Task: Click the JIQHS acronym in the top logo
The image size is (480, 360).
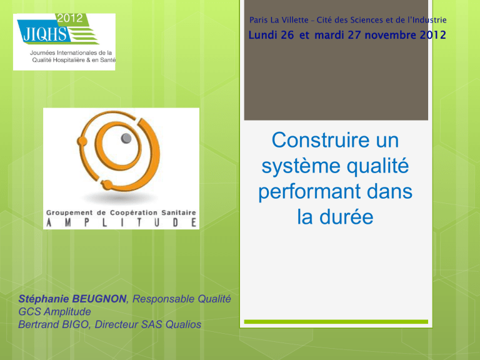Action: tap(45, 34)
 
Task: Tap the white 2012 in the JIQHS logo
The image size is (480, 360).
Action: tap(70, 18)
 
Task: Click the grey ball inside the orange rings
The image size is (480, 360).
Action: tap(126, 138)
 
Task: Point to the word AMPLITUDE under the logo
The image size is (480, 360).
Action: tap(121, 222)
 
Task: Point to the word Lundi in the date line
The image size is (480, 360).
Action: tap(262, 35)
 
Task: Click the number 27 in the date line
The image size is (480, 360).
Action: tap(354, 35)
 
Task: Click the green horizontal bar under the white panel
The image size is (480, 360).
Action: tap(336, 322)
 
